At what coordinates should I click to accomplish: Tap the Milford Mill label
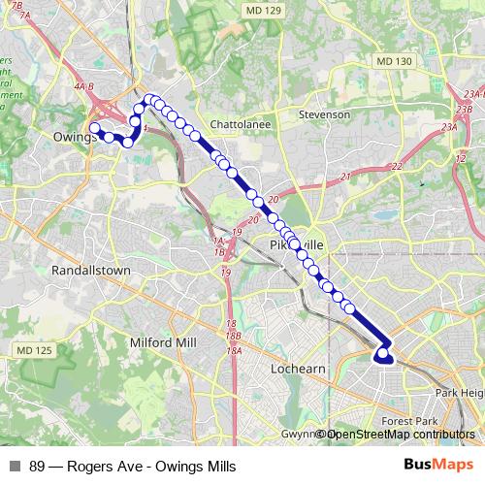[x=162, y=342]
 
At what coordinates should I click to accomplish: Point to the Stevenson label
[x=325, y=114]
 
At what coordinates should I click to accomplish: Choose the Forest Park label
[x=410, y=421]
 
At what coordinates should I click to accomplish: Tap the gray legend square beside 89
[x=15, y=467]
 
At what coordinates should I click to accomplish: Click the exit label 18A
[x=233, y=350]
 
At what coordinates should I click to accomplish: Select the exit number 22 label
[x=396, y=167]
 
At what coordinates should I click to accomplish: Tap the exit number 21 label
[x=344, y=178]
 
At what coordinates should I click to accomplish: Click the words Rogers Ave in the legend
[x=98, y=467]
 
